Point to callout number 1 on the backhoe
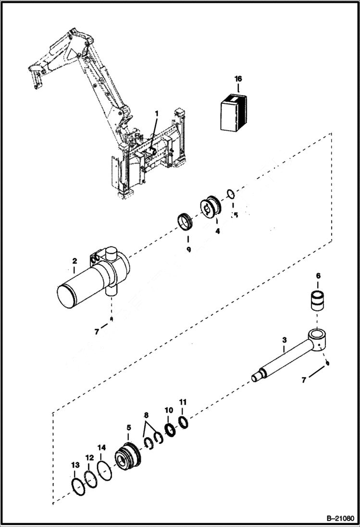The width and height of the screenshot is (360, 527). click(x=156, y=113)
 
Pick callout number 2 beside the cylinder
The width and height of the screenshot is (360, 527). click(x=74, y=261)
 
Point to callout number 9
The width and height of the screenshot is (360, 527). click(x=188, y=250)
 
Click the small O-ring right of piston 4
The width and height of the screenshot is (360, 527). click(x=231, y=194)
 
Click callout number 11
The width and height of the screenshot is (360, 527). click(x=183, y=402)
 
